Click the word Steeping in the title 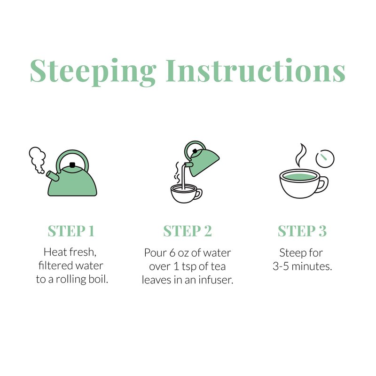(93, 72)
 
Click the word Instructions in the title (256, 70)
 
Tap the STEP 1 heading (71, 231)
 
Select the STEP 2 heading (188, 231)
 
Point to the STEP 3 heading (302, 231)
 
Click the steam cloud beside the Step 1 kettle (37, 159)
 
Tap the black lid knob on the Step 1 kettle (72, 165)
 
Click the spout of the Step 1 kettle (53, 176)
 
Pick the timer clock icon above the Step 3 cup (325, 158)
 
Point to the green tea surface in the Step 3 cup (299, 177)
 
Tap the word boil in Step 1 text (99, 279)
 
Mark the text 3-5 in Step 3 (281, 266)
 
